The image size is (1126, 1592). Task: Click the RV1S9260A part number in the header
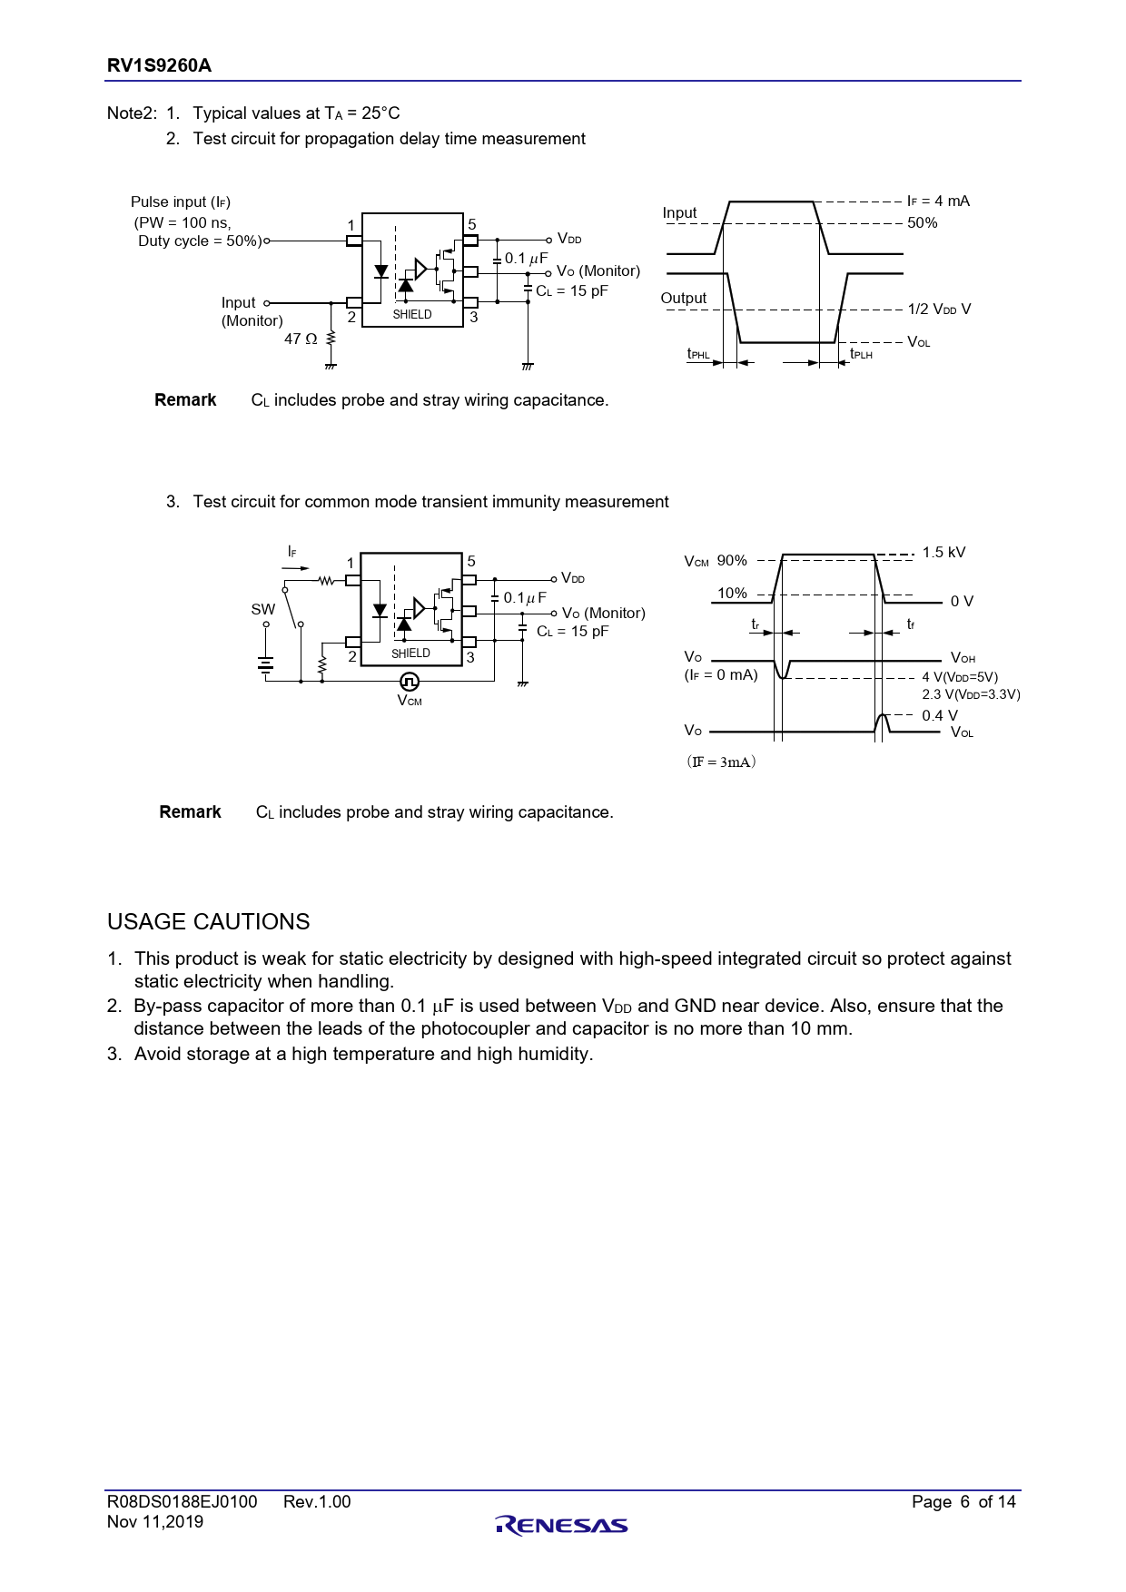click(159, 65)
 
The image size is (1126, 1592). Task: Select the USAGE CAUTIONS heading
click(208, 921)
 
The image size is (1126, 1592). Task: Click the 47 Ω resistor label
click(301, 339)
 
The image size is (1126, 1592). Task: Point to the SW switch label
click(262, 609)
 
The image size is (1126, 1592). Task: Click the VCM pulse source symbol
click(410, 681)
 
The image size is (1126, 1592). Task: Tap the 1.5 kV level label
click(943, 552)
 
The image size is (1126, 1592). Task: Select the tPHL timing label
click(698, 354)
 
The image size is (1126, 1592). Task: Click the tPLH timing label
click(861, 354)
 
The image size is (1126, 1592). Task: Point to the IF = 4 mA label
click(938, 201)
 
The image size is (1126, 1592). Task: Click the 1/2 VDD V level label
click(939, 309)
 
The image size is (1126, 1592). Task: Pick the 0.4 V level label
click(939, 715)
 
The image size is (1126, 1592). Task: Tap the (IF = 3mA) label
click(721, 762)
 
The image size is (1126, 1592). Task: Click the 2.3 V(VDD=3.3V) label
click(971, 694)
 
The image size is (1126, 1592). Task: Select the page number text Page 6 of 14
click(963, 1501)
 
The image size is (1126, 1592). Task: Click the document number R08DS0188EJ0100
click(182, 1501)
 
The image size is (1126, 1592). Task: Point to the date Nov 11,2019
click(155, 1522)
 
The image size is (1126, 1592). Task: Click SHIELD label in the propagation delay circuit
click(412, 314)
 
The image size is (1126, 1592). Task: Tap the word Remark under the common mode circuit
click(190, 811)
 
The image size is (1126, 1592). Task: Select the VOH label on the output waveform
click(963, 658)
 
